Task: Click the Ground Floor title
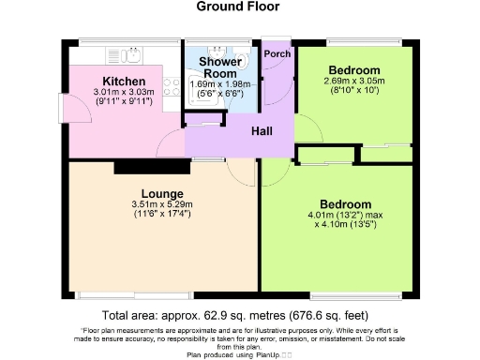pos(237,7)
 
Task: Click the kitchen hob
pos(172,88)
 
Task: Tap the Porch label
pos(277,53)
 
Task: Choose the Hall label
pos(261,131)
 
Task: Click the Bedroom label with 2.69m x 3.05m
pos(353,71)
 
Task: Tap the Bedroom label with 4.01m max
pos(345,203)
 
